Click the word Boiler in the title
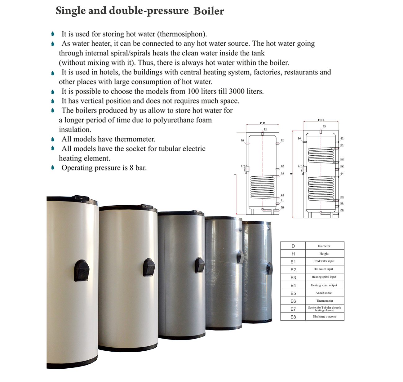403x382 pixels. pyautogui.click(x=209, y=11)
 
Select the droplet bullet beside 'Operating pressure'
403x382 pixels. pyautogui.click(x=53, y=168)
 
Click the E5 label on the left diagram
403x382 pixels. pyautogui.click(x=265, y=129)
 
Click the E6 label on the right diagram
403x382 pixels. pyautogui.click(x=299, y=139)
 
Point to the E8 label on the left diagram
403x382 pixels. pyautogui.click(x=282, y=207)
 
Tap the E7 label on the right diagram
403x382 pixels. pyautogui.click(x=299, y=166)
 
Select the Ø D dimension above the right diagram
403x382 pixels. pyautogui.click(x=321, y=120)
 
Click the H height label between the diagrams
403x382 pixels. pyautogui.click(x=291, y=174)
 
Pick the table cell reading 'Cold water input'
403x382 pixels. pyautogui.click(x=324, y=261)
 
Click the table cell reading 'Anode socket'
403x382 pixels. pyautogui.click(x=324, y=293)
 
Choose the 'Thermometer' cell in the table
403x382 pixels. pyautogui.click(x=325, y=301)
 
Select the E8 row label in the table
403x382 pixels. pyautogui.click(x=293, y=317)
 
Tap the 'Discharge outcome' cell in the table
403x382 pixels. pyautogui.click(x=324, y=317)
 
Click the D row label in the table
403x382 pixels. pyautogui.click(x=293, y=246)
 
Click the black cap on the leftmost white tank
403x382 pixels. pyautogui.click(x=82, y=270)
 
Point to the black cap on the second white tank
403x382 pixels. pyautogui.click(x=149, y=267)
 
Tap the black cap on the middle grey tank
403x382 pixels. pyautogui.click(x=199, y=265)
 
